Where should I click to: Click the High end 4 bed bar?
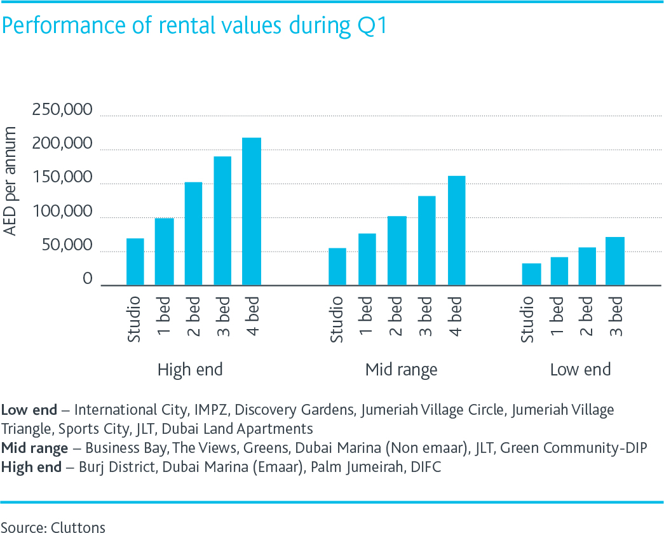[252, 212]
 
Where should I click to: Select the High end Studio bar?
[135, 262]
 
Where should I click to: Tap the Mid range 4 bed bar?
[456, 231]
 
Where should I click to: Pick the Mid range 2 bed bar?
[398, 251]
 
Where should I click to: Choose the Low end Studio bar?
[531, 274]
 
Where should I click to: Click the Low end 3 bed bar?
[615, 261]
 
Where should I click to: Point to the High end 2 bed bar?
[193, 234]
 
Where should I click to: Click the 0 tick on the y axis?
[88, 280]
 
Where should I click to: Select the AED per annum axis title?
[11, 181]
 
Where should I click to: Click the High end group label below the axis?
[190, 370]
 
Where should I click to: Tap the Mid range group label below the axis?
[402, 370]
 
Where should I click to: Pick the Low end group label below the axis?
[580, 370]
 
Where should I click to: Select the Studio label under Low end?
[529, 319]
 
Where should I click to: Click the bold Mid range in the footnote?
[34, 449]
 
